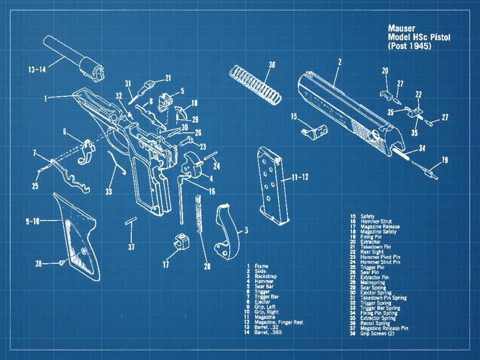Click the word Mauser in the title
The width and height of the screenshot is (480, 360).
coord(402,27)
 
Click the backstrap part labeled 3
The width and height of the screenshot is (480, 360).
coord(229,232)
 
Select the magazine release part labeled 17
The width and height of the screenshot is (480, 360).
coord(181,242)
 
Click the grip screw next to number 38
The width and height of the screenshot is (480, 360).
coord(62,263)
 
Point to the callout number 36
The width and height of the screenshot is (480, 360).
coord(272,65)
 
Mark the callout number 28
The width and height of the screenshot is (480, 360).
coord(207,266)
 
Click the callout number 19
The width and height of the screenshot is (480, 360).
coord(444,159)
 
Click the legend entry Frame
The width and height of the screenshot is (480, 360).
coord(261,266)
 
